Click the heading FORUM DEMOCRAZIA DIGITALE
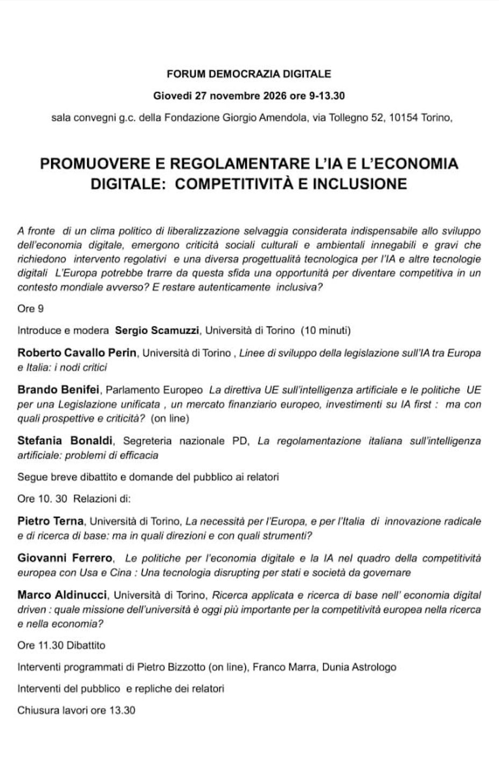point(249,74)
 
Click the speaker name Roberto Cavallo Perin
point(77,353)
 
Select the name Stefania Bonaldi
point(65,441)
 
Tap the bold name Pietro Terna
point(51,521)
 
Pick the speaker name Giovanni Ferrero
point(65,558)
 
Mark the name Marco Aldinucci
point(62,595)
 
